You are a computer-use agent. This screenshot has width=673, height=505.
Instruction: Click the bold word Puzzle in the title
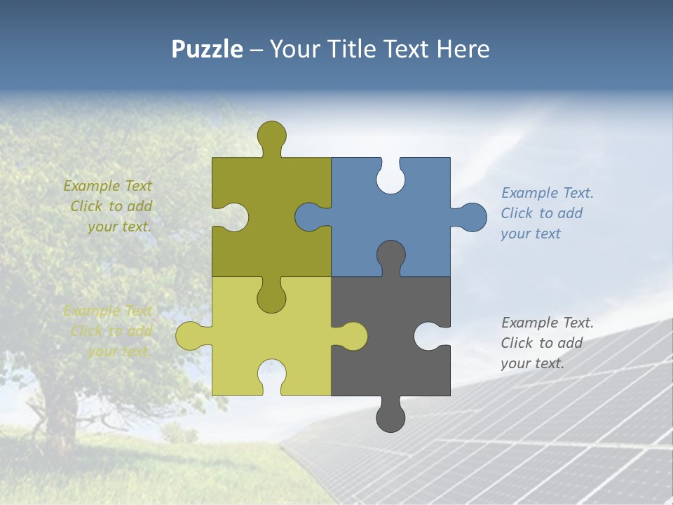pyautogui.click(x=207, y=49)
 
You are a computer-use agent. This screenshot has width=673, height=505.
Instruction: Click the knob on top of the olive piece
pyautogui.click(x=272, y=135)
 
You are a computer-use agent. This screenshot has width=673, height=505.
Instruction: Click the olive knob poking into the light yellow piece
pyautogui.click(x=272, y=298)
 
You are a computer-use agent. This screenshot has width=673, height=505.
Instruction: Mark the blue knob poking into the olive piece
pyautogui.click(x=308, y=217)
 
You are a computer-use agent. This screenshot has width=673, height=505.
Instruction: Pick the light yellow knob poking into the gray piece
pyautogui.click(x=353, y=336)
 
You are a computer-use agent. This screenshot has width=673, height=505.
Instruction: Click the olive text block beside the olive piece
pyautogui.click(x=109, y=206)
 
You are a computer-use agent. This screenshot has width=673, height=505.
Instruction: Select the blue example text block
pyautogui.click(x=547, y=213)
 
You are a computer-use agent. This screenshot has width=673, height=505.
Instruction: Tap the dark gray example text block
pyautogui.click(x=547, y=343)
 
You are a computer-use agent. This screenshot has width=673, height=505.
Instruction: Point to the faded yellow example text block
pyautogui.click(x=109, y=331)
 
